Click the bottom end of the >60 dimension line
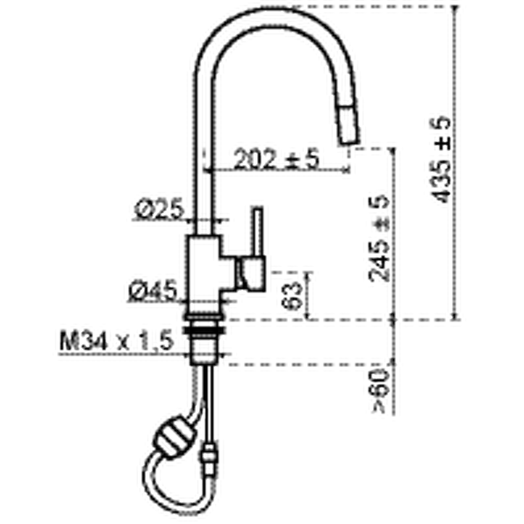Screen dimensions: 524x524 [x=394, y=414]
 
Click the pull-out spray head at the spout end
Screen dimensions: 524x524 [x=348, y=124]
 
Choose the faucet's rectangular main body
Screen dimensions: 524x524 [x=203, y=274]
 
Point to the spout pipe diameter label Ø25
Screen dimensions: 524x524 [x=159, y=209]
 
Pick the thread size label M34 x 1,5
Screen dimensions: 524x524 [x=117, y=341]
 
